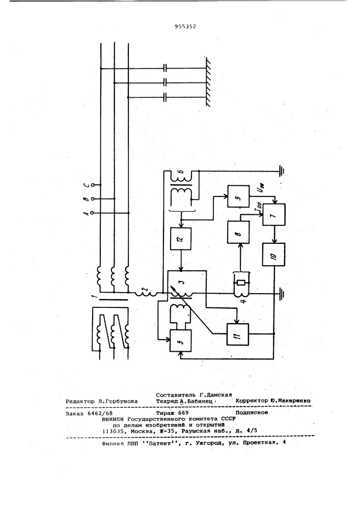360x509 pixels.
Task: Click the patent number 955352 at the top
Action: point(185,27)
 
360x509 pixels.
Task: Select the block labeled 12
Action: point(181,239)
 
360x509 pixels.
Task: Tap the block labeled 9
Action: point(238,196)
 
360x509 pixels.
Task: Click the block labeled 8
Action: point(238,232)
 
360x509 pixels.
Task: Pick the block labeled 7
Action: point(274,215)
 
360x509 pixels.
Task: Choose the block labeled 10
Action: point(273,254)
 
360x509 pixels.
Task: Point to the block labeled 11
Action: point(238,334)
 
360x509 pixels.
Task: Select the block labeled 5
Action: point(180,340)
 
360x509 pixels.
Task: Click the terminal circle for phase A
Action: point(93,213)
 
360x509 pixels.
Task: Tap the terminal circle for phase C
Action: point(93,185)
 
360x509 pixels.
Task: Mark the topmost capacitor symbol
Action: point(165,69)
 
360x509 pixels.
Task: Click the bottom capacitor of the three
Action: point(165,97)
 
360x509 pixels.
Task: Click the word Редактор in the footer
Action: point(80,402)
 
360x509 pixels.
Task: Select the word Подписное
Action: point(252,413)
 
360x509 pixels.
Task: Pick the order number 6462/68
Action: point(99,414)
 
